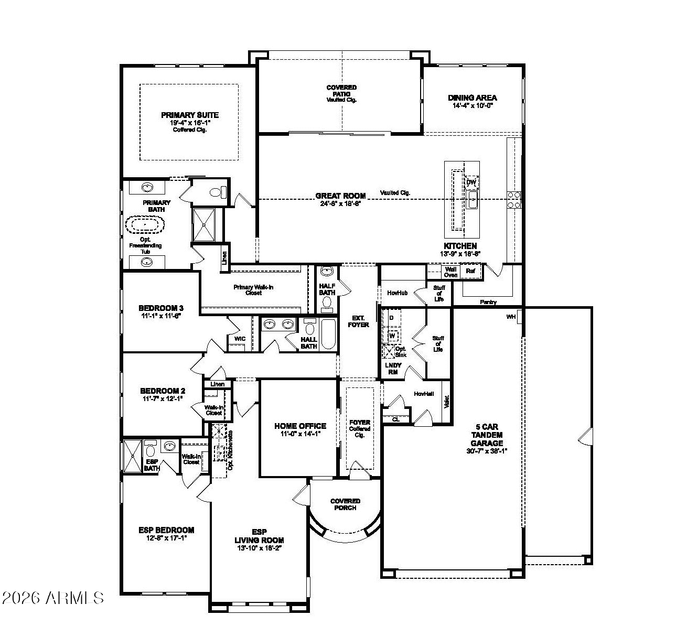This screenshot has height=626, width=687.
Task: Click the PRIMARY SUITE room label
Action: pos(189,115)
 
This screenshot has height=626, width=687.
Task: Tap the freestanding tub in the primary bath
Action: pos(145,226)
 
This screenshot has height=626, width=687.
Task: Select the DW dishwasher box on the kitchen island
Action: pos(471,182)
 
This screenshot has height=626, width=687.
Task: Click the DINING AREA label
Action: pos(472,98)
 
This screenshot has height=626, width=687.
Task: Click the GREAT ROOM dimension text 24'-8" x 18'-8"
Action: pos(340,203)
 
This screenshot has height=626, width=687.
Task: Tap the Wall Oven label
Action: pos(450,272)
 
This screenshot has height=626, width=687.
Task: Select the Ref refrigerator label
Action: pos(470,272)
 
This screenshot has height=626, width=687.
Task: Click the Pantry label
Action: pos(488,302)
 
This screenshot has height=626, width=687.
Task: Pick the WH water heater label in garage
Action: pos(511,317)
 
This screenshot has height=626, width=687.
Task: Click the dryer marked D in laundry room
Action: pos(391,318)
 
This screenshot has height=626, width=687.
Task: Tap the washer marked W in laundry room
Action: pos(392,335)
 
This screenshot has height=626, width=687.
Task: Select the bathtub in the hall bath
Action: pos(327,333)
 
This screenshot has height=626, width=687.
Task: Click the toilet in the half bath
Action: pos(328,303)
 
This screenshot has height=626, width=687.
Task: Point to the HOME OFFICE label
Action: pos(300,426)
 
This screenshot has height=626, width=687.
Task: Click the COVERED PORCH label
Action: pos(345,504)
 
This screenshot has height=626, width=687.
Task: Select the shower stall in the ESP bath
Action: pos(132,457)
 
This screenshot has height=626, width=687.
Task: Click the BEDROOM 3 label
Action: pos(160,308)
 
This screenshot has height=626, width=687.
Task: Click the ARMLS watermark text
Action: pos(53,598)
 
